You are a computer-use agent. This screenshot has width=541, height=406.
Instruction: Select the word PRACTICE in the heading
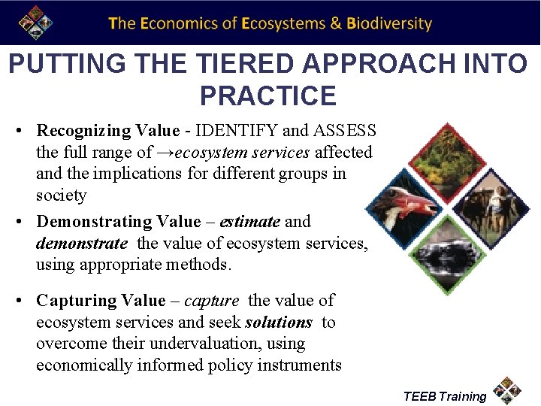(268, 96)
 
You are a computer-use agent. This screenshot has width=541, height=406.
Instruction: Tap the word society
(62, 195)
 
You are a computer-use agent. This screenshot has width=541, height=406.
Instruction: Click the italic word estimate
(246, 222)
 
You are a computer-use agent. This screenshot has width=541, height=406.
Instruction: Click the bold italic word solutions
(279, 323)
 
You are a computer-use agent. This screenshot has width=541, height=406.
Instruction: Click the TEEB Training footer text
(445, 396)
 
